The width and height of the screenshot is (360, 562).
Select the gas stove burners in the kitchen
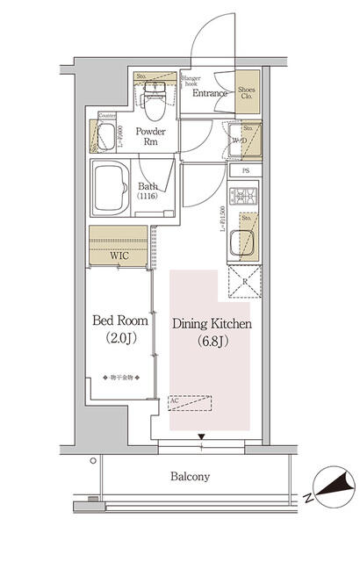242,197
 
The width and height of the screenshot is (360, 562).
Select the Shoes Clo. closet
248,94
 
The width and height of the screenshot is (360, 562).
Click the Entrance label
210,93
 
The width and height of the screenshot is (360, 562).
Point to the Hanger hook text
191,81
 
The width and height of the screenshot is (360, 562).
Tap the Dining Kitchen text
212,324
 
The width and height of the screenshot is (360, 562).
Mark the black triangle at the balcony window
203,436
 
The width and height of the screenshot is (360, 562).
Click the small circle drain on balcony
92,460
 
